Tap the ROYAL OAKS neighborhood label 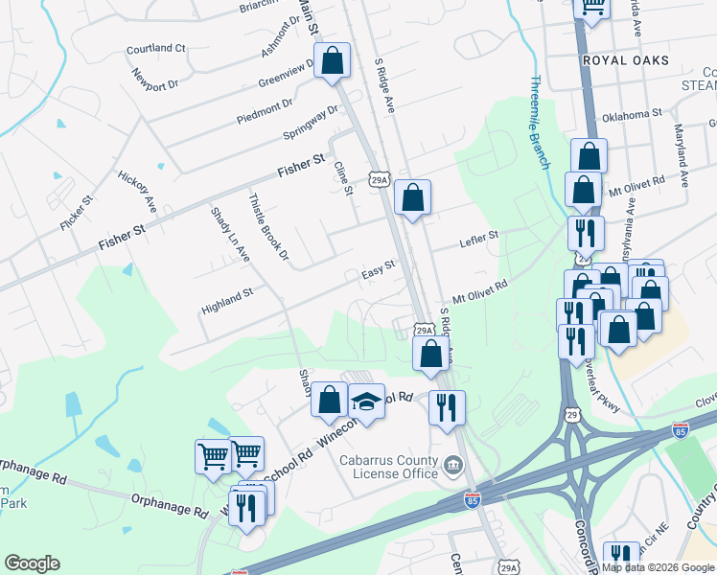pos(624,59)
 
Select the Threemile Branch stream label pos(540,122)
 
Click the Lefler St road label pos(479,236)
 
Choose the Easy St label pos(378,270)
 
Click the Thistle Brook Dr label pos(268,228)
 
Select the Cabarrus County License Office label pos(387,466)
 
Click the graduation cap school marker pos(366,402)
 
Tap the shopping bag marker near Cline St pos(412,198)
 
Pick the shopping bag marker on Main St pos(331,60)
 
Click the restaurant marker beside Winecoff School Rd pos(447,406)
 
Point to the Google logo pos(32,563)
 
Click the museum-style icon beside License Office pos(453,467)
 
